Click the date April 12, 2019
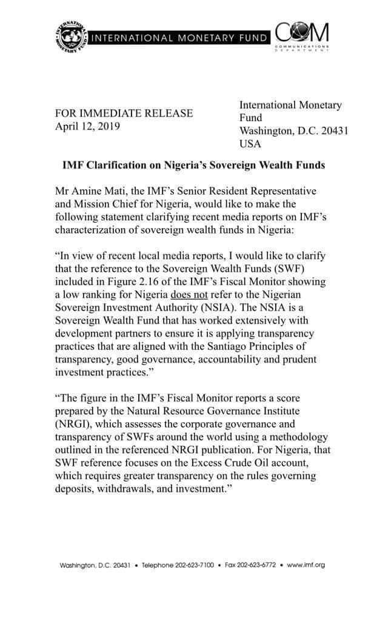pyautogui.click(x=88, y=126)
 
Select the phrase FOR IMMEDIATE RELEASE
pyautogui.click(x=124, y=113)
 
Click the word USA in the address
pyautogui.click(x=250, y=144)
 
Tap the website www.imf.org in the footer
pyautogui.click(x=306, y=565)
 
